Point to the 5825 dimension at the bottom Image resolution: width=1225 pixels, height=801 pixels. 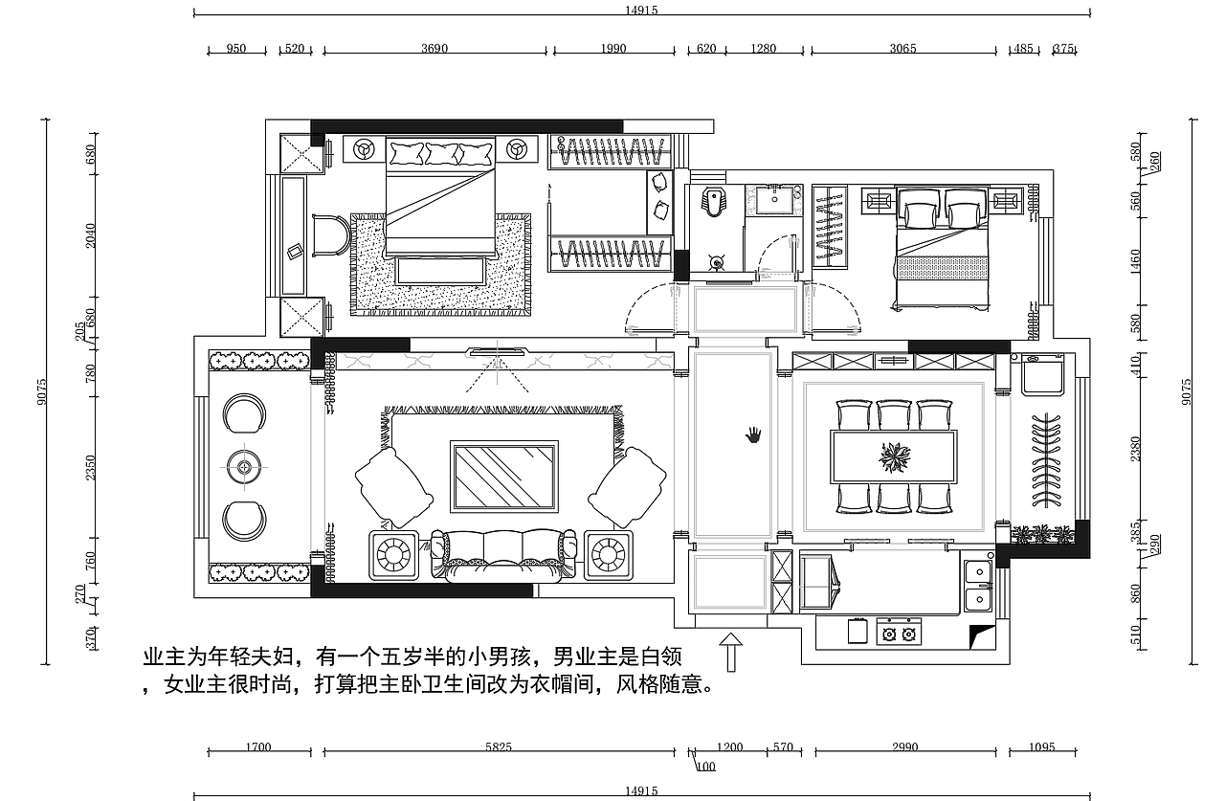coord(499,747)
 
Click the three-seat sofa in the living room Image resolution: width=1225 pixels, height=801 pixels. coord(504,554)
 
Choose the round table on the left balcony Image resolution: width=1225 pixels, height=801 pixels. coord(246,467)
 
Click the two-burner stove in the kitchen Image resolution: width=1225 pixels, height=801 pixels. coord(899,633)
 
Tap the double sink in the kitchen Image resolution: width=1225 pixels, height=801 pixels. coord(977,585)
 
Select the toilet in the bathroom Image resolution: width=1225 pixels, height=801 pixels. coord(712,202)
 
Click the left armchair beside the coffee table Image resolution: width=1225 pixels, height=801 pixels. coord(392,487)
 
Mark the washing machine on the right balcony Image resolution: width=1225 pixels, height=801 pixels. coord(1043,373)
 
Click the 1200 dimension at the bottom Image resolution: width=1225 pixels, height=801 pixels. coord(730,747)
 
